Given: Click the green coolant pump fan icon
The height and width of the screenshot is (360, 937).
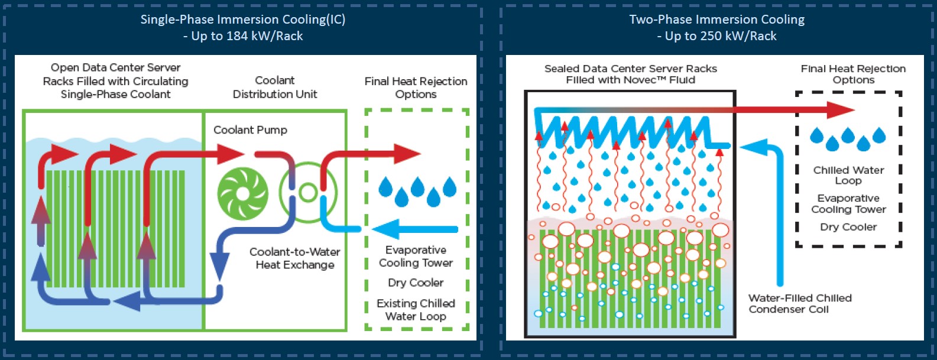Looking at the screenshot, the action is [x=243, y=193].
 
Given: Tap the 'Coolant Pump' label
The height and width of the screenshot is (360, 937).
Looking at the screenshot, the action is [x=250, y=130].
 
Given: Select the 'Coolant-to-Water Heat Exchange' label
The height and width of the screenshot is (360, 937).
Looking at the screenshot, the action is [x=295, y=258].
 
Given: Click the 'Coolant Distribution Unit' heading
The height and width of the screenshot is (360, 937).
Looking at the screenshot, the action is [x=275, y=87].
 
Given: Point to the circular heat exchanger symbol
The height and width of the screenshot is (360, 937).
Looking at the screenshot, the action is [x=308, y=193].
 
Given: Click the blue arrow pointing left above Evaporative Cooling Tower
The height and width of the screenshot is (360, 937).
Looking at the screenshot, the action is [x=414, y=229].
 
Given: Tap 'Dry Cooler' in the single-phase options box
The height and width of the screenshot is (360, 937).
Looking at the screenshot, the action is [x=416, y=283].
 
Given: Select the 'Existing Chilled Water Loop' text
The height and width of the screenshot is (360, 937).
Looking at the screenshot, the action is [x=416, y=309].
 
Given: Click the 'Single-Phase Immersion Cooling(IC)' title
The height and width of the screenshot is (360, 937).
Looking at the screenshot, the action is [x=242, y=20].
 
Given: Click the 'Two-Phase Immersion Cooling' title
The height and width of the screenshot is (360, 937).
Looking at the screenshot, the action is [x=717, y=20].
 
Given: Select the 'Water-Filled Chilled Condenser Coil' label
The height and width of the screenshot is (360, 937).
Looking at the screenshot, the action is [x=800, y=304].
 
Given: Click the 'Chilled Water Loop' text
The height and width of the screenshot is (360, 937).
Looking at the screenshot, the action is [x=848, y=175].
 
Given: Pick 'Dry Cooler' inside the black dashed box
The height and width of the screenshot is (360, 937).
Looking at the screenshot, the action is [x=848, y=227].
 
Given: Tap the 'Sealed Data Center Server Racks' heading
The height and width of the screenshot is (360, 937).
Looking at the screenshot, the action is [x=630, y=69].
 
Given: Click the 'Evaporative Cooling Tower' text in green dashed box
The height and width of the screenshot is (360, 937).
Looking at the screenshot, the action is [x=416, y=257].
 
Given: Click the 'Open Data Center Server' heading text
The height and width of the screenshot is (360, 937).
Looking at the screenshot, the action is [x=115, y=68].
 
